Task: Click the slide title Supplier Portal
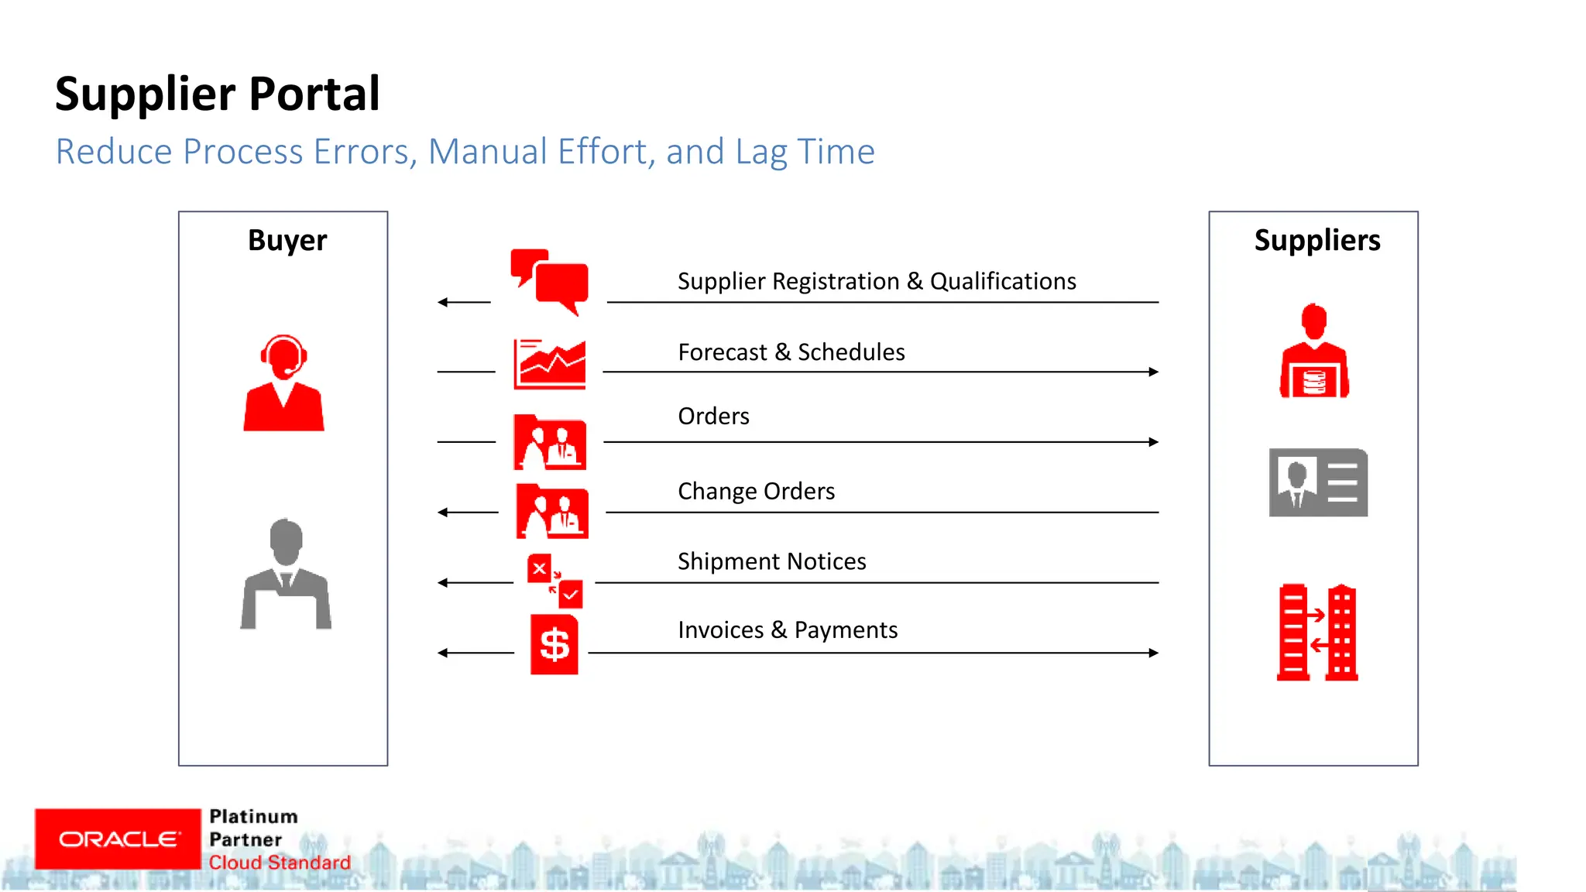tap(217, 94)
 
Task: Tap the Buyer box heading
tap(287, 241)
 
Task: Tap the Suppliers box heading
tap(1317, 241)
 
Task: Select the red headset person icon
tap(283, 383)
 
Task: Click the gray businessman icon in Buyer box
tap(286, 574)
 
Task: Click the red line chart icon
tap(550, 364)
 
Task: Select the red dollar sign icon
tap(554, 644)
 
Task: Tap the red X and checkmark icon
tap(554, 581)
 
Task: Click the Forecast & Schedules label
tap(791, 352)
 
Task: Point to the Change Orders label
tap(756, 492)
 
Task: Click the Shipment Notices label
tap(771, 561)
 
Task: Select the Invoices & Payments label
tap(787, 630)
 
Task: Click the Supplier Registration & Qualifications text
tap(876, 282)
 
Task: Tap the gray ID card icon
tap(1318, 482)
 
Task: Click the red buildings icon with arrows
tap(1317, 633)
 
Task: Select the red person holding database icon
tap(1314, 352)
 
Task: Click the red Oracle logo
tap(118, 839)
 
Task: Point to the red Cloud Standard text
tap(280, 863)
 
